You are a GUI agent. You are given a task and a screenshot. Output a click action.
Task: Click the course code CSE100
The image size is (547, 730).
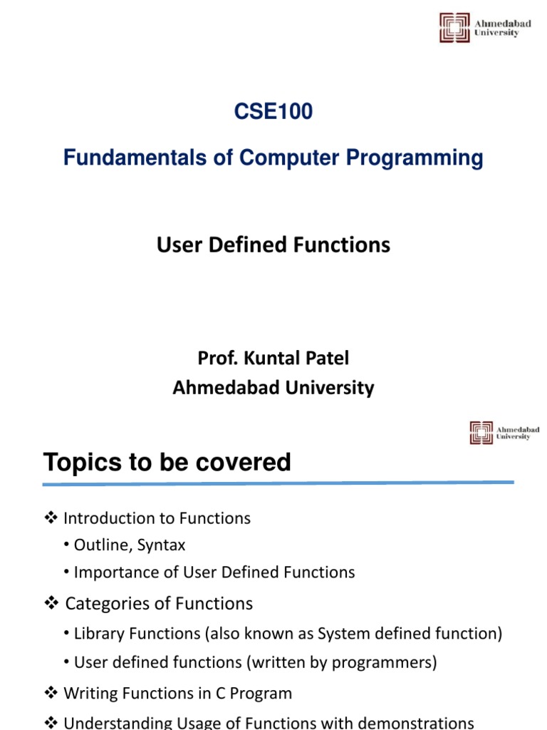pos(273,112)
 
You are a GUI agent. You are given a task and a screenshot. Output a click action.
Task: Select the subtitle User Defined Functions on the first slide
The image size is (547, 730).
pos(273,245)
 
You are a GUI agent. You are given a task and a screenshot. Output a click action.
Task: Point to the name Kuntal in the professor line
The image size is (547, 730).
pos(265,358)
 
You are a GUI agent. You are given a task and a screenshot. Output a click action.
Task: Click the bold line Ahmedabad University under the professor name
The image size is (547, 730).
pos(273,388)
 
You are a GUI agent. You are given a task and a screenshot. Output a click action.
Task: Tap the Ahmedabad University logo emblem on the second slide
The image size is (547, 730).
pos(481,433)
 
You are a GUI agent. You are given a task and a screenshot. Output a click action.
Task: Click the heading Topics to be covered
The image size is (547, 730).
pos(167,463)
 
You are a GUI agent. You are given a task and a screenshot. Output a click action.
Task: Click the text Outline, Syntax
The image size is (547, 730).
pos(130,545)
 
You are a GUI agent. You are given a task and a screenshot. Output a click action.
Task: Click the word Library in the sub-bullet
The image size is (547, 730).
pos(98,633)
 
